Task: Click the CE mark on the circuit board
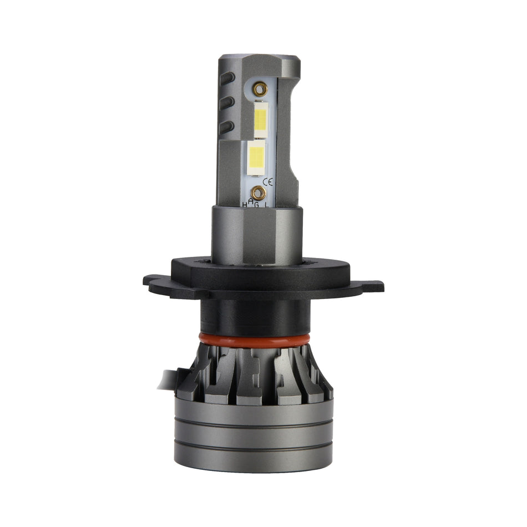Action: [268, 181]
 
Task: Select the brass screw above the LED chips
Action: [259, 89]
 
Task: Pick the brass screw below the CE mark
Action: [258, 192]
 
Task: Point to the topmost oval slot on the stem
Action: [226, 78]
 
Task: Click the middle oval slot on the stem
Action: [226, 103]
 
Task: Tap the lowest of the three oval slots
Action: [226, 128]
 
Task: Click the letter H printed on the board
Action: [244, 205]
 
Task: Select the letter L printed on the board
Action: [267, 205]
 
